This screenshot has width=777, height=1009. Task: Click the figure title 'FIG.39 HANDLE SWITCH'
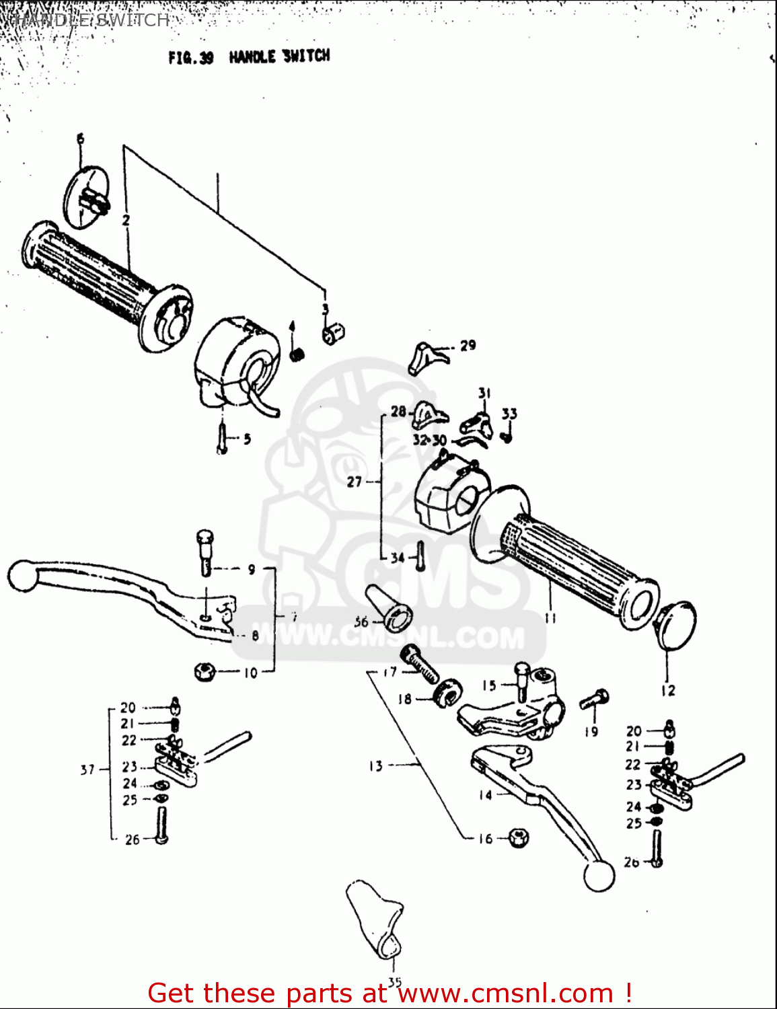(x=249, y=57)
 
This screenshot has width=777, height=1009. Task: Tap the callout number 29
(x=468, y=346)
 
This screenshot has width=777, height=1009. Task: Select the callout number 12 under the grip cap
(x=667, y=691)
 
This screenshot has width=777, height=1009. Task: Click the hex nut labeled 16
(x=518, y=837)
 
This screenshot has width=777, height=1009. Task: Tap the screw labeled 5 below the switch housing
(x=221, y=437)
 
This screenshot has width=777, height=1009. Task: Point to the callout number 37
(x=87, y=770)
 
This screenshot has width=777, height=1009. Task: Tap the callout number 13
(x=375, y=765)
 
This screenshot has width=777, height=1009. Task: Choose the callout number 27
(x=355, y=482)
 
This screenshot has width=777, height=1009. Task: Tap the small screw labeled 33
(x=509, y=436)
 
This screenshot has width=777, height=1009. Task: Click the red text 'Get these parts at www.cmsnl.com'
(x=389, y=993)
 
